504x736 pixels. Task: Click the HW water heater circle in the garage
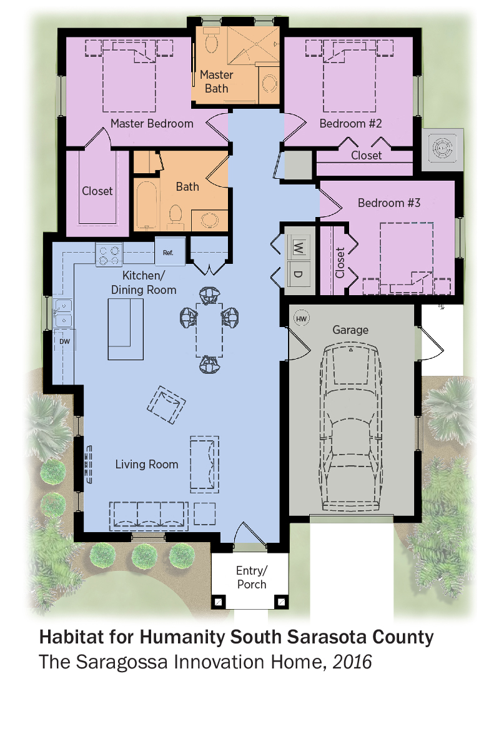pyautogui.click(x=302, y=319)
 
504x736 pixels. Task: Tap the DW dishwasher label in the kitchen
pyautogui.click(x=65, y=341)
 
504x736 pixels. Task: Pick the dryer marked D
pyautogui.click(x=298, y=273)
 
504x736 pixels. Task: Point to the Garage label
pyautogui.click(x=350, y=330)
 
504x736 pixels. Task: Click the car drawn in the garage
pyautogui.click(x=350, y=426)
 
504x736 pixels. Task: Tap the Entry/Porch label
pyautogui.click(x=251, y=577)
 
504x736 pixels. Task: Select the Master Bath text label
pyautogui.click(x=216, y=82)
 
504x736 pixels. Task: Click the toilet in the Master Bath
pyautogui.click(x=212, y=40)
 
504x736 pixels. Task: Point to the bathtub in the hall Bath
pyautogui.click(x=147, y=206)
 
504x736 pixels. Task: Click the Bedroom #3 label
pyautogui.click(x=388, y=203)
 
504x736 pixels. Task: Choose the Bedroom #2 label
pyautogui.click(x=350, y=123)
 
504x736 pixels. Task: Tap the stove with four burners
pyautogui.click(x=109, y=255)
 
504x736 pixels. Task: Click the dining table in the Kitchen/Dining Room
pyautogui.click(x=209, y=330)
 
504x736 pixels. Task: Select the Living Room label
pyautogui.click(x=147, y=464)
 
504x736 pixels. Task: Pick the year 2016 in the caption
pyautogui.click(x=352, y=662)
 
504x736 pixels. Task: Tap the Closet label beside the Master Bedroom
pyautogui.click(x=97, y=191)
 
